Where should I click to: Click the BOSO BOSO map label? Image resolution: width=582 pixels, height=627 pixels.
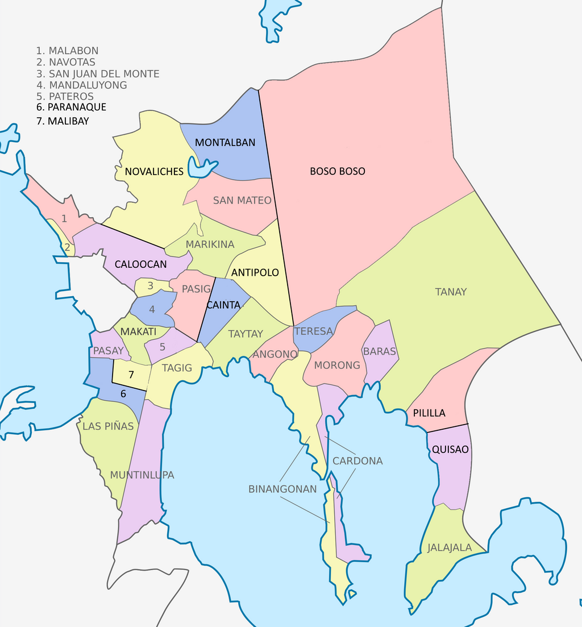point(337,171)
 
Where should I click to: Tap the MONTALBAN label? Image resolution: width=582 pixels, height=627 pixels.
point(225,143)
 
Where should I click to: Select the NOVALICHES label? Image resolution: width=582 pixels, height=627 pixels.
point(154,172)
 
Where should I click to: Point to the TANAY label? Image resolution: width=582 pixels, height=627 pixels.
point(451,292)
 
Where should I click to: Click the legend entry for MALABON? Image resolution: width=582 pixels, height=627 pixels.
point(67,51)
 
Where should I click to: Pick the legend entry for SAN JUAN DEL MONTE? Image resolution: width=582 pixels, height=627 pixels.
point(98,74)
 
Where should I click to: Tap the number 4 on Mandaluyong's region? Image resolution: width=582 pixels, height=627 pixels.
point(152,310)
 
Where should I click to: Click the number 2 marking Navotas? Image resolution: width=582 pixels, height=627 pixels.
point(67,247)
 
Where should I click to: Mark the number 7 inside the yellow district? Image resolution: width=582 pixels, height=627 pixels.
point(131,375)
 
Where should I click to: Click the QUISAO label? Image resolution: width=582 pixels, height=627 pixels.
point(450,449)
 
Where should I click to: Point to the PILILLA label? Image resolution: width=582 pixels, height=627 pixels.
point(429,413)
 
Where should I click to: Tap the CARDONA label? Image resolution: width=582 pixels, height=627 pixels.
point(357,460)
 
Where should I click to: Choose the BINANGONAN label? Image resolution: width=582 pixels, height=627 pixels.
point(282,489)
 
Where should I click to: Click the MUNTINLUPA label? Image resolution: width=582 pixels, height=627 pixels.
point(142,475)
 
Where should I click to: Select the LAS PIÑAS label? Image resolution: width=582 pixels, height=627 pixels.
point(108,426)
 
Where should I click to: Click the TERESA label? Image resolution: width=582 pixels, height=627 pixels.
point(313,331)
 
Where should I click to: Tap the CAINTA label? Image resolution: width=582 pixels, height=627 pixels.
point(223,305)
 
